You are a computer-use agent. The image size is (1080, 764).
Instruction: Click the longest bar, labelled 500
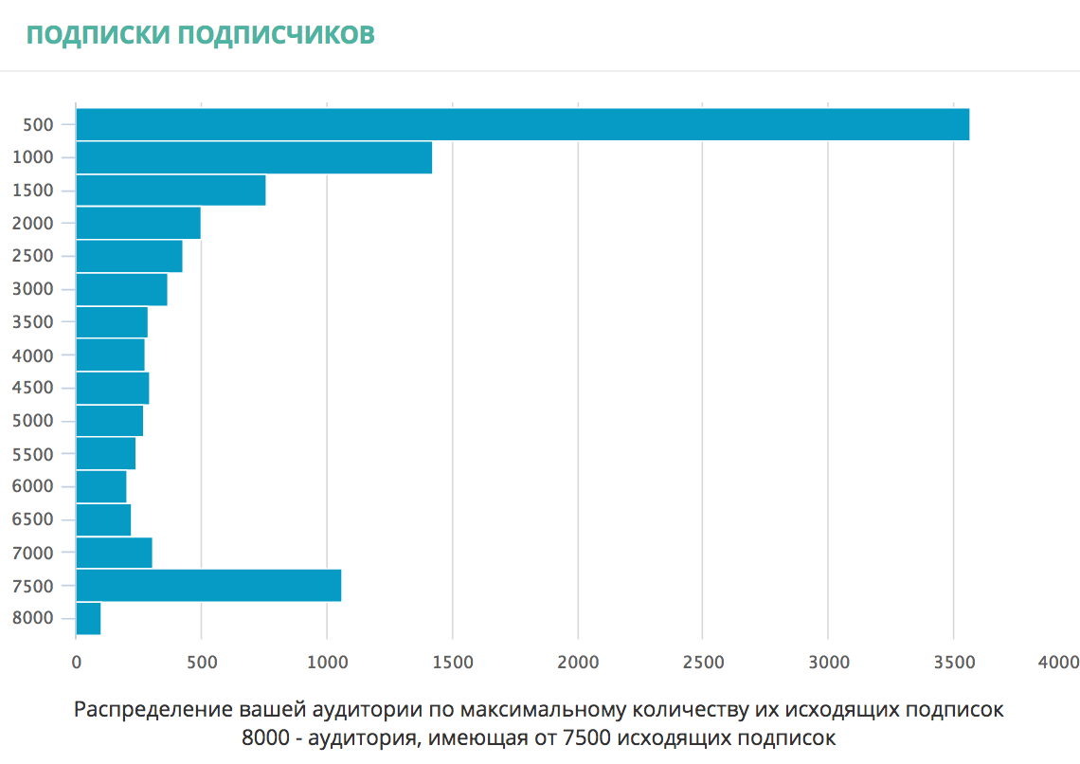pos(522,124)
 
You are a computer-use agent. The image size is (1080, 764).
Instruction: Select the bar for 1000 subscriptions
pos(254,157)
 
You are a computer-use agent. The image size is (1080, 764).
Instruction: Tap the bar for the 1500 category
pos(171,191)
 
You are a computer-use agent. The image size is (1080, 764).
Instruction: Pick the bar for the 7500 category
pos(208,586)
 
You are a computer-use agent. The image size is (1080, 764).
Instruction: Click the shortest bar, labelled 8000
pos(88,619)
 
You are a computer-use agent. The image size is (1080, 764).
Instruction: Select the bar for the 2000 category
pos(138,223)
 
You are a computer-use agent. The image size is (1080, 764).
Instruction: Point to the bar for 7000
pos(114,553)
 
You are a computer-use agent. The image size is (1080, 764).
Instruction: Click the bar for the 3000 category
pos(121,289)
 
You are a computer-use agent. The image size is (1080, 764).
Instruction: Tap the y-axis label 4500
pos(34,388)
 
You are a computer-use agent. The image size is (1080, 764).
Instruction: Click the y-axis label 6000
pos(34,486)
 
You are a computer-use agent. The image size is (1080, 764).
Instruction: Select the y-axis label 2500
pos(34,256)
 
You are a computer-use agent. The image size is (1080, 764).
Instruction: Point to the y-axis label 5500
pos(34,454)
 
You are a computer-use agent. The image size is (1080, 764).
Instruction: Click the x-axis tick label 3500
pos(953,662)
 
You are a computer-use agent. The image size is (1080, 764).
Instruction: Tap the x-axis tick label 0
pos(76,662)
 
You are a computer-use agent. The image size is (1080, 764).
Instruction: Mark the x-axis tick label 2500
pos(702,662)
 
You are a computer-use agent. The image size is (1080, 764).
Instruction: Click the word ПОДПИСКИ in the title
pos(99,35)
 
